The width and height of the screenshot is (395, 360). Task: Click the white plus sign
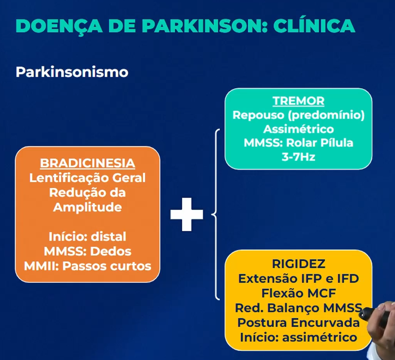click(186, 214)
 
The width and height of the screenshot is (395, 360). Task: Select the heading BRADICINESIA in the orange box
click(88, 163)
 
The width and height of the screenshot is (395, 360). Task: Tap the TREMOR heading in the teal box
click(298, 101)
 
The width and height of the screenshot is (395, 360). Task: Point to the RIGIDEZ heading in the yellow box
click(298, 264)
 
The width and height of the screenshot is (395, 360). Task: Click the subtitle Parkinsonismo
click(72, 72)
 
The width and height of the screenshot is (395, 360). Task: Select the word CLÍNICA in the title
click(314, 26)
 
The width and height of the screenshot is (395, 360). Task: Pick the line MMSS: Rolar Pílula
click(298, 143)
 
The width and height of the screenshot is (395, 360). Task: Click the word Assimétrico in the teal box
click(298, 129)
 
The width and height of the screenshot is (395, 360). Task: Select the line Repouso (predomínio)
click(298, 115)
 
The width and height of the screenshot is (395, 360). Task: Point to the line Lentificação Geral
click(88, 178)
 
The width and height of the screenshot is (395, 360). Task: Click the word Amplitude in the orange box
click(88, 207)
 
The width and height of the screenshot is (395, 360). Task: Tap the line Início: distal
click(88, 236)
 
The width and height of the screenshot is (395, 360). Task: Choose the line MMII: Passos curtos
click(88, 266)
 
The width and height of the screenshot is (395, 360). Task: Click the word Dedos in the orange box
click(110, 251)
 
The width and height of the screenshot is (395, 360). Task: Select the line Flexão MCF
click(298, 293)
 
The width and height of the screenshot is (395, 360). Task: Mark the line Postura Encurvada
click(298, 322)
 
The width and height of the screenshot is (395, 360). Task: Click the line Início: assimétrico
click(298, 337)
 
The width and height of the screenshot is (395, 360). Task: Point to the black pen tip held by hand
click(363, 313)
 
